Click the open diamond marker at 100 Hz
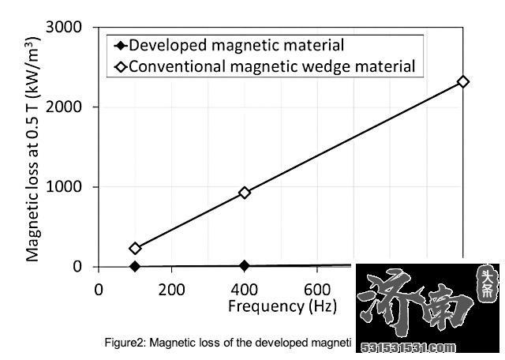(135, 248)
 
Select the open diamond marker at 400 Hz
(245, 193)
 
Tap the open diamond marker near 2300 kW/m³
(463, 81)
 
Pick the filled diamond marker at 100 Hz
(135, 266)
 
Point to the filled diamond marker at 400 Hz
(245, 265)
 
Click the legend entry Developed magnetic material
(236, 45)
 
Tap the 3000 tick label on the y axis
(65, 27)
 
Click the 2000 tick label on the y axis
(65, 107)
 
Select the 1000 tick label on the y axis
(65, 187)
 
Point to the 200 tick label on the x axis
(171, 289)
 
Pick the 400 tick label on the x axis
(245, 289)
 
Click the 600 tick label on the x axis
(317, 289)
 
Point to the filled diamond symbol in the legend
(121, 46)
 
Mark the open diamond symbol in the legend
(121, 67)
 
